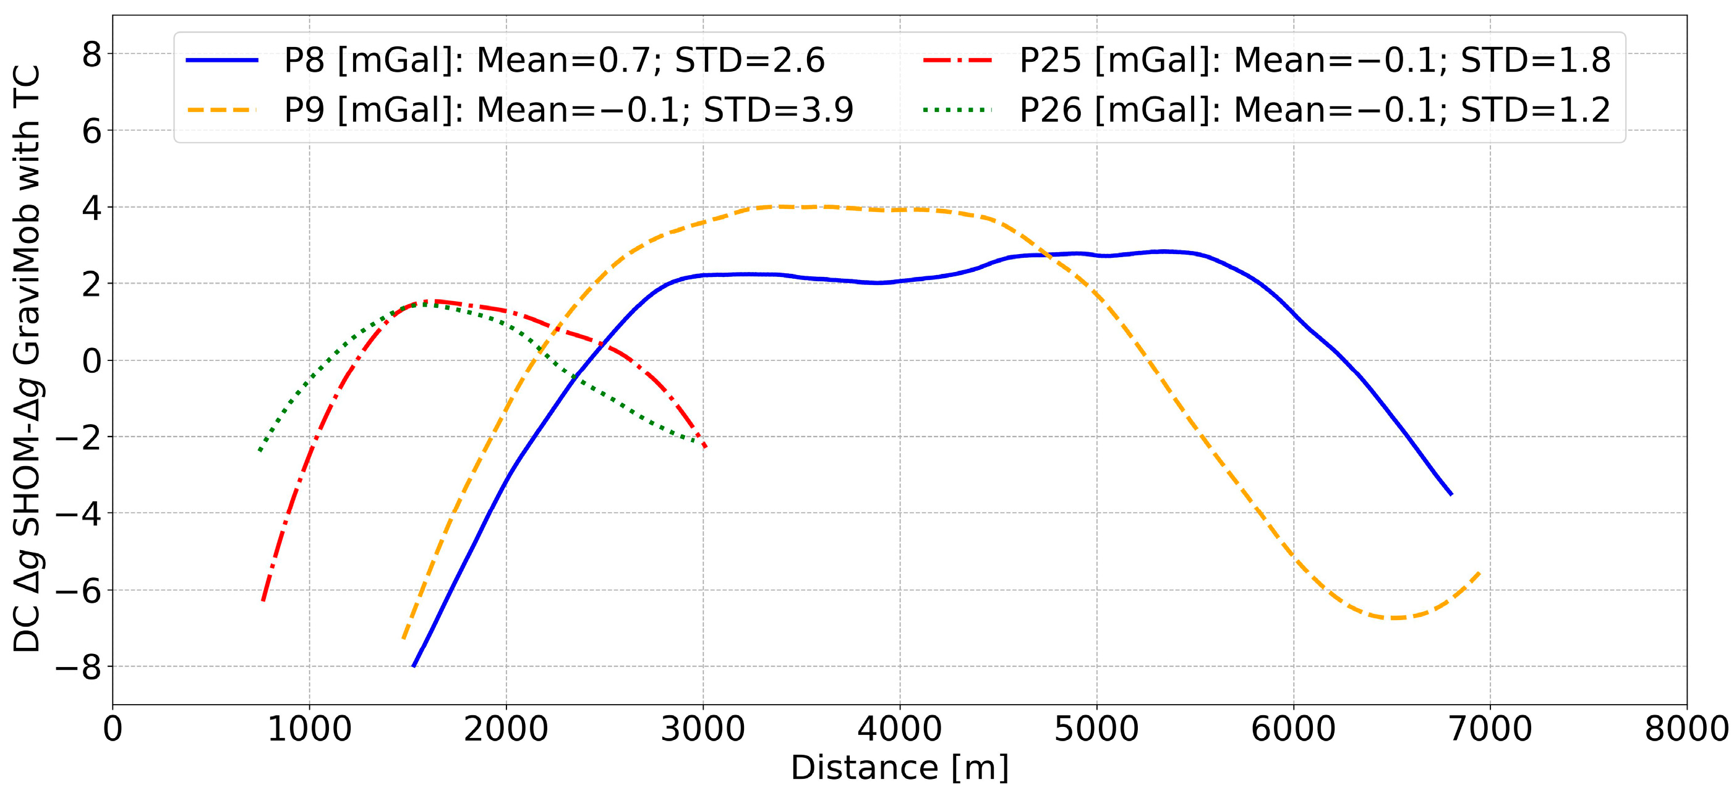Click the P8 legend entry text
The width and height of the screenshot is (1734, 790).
point(553,61)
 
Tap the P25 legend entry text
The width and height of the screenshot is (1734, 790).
point(1314,61)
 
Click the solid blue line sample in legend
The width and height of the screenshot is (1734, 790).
point(222,61)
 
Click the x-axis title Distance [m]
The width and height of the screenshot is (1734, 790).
point(899,768)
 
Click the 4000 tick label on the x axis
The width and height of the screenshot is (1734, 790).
point(899,729)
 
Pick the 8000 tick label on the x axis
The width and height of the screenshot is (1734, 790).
point(1686,729)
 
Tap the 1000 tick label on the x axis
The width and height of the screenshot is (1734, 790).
point(309,729)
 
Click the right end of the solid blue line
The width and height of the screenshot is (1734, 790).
point(1451,495)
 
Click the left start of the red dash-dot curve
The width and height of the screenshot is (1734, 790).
point(263,600)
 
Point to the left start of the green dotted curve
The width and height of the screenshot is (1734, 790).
point(260,450)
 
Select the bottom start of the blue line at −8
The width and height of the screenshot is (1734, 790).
point(413,666)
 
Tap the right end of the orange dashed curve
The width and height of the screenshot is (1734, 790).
point(1480,572)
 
